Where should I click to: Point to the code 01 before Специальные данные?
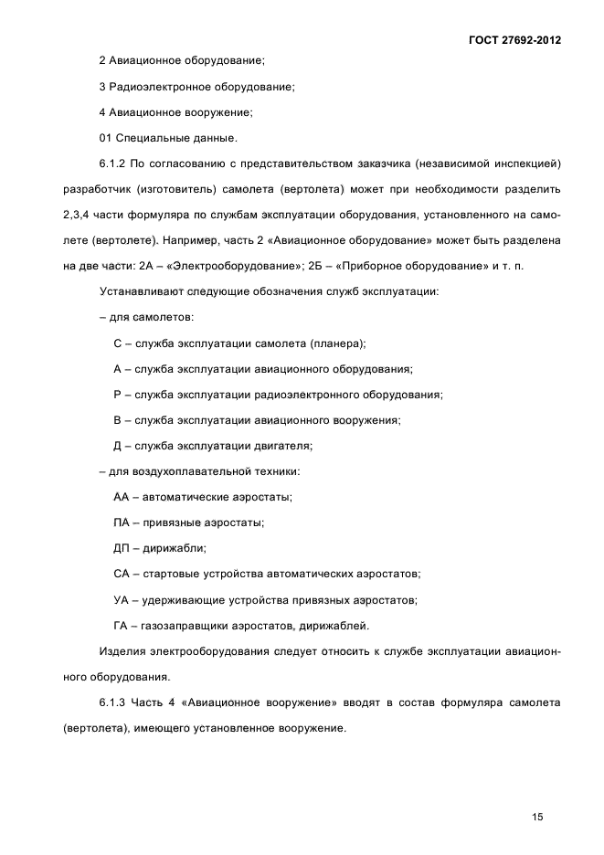click(x=105, y=138)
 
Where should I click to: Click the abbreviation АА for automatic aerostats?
click(x=122, y=497)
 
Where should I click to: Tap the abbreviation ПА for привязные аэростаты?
click(x=122, y=522)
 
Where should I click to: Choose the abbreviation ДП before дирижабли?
click(x=122, y=548)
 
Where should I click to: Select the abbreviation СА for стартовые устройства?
click(x=122, y=574)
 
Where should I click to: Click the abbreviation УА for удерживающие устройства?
click(x=122, y=600)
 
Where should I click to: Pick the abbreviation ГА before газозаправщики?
click(x=121, y=626)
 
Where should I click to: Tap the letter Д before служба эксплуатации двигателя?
click(x=118, y=446)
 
